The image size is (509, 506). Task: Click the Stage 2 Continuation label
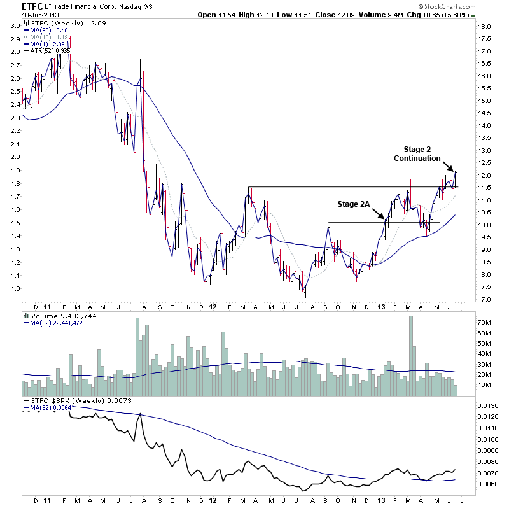(417, 153)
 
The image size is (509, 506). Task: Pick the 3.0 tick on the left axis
(14, 25)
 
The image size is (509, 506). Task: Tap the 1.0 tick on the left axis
(14, 289)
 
